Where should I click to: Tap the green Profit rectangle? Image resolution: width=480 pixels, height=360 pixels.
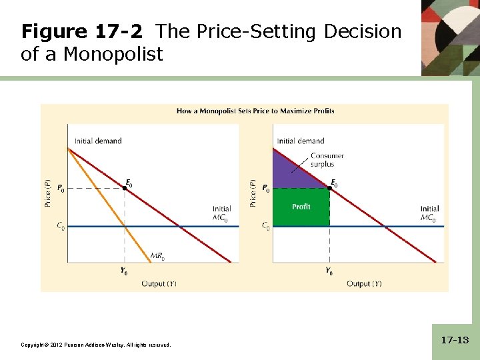tap(301, 207)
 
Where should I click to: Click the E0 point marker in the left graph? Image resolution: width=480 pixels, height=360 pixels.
tap(125, 189)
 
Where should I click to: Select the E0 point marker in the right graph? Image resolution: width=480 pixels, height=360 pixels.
tap(330, 189)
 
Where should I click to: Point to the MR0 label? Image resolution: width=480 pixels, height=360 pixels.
tap(158, 255)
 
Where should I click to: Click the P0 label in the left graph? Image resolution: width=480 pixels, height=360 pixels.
tap(61, 189)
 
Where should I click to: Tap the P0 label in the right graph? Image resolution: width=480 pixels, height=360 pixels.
tap(265, 189)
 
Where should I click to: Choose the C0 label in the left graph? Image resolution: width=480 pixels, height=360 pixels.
tap(61, 226)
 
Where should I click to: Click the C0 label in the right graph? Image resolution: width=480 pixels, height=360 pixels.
tap(265, 226)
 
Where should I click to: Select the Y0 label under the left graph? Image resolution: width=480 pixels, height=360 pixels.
tap(125, 271)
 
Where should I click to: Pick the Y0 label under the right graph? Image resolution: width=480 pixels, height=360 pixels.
tap(329, 271)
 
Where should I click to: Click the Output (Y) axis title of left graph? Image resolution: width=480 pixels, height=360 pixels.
tap(159, 284)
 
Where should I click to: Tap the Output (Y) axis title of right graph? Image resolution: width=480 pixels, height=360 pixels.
tap(364, 284)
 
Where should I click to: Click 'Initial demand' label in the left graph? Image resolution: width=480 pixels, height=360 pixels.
tap(98, 141)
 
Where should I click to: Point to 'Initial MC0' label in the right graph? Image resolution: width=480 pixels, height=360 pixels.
tap(429, 213)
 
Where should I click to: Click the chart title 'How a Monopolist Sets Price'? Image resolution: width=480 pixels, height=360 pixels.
tap(255, 111)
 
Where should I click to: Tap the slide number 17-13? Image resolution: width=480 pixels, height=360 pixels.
tap(455, 340)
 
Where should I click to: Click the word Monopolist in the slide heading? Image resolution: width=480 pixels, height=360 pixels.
tap(113, 54)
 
